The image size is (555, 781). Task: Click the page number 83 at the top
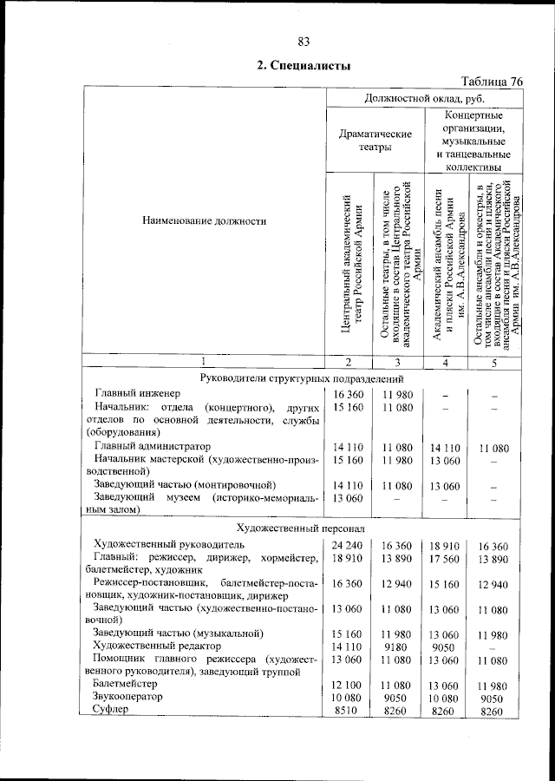[x=304, y=42]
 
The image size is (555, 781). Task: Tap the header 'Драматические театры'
[x=375, y=141]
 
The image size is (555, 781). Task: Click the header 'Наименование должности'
[x=205, y=221]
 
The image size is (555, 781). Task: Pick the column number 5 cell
[x=493, y=362]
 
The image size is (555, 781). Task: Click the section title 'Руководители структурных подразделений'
[x=303, y=377]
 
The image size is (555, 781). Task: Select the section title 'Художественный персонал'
[x=303, y=528]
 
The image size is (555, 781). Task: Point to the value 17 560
[x=444, y=560]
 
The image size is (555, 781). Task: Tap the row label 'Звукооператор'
[x=129, y=697]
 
